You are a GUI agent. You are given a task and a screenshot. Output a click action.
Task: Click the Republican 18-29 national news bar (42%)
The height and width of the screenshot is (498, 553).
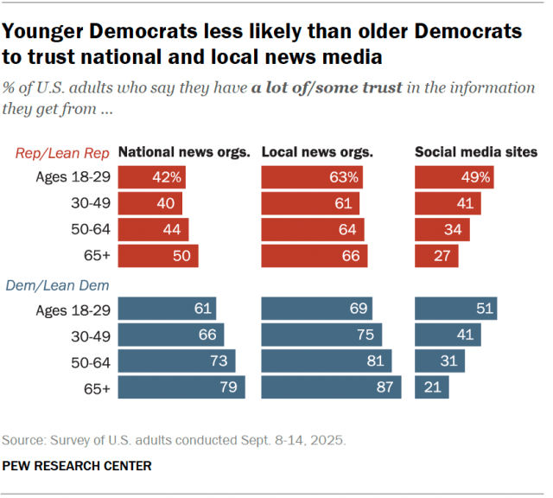(x=151, y=177)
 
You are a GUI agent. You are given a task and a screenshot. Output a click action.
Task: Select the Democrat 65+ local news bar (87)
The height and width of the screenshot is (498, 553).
(x=331, y=387)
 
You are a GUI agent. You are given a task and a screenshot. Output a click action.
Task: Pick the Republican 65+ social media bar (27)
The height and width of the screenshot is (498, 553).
(x=436, y=256)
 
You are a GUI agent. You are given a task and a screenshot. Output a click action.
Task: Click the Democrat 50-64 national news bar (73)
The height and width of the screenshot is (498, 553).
(x=176, y=361)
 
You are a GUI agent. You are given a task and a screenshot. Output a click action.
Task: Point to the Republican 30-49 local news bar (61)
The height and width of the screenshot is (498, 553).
(x=311, y=204)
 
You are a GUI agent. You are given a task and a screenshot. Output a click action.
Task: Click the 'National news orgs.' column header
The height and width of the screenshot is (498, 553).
(x=183, y=152)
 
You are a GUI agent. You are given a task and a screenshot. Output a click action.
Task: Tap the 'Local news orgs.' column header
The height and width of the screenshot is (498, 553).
(x=317, y=152)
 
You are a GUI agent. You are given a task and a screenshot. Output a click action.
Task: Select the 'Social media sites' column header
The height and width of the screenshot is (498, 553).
(x=476, y=152)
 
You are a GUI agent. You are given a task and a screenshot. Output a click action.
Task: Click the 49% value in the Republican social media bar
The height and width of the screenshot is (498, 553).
(x=478, y=178)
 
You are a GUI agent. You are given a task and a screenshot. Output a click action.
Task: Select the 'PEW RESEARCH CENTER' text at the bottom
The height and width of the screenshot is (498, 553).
(x=77, y=466)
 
